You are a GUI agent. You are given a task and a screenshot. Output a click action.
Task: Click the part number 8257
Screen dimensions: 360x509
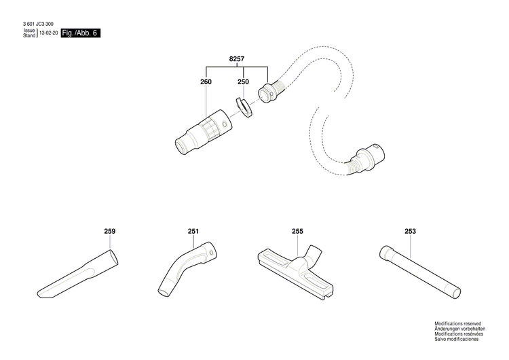pos(237,60)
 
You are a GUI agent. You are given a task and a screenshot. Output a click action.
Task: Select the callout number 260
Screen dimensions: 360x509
pos(206,82)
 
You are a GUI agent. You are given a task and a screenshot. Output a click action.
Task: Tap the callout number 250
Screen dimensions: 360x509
pos(242,82)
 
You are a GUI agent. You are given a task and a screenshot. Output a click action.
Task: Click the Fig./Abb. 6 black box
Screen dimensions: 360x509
pos(80,33)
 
